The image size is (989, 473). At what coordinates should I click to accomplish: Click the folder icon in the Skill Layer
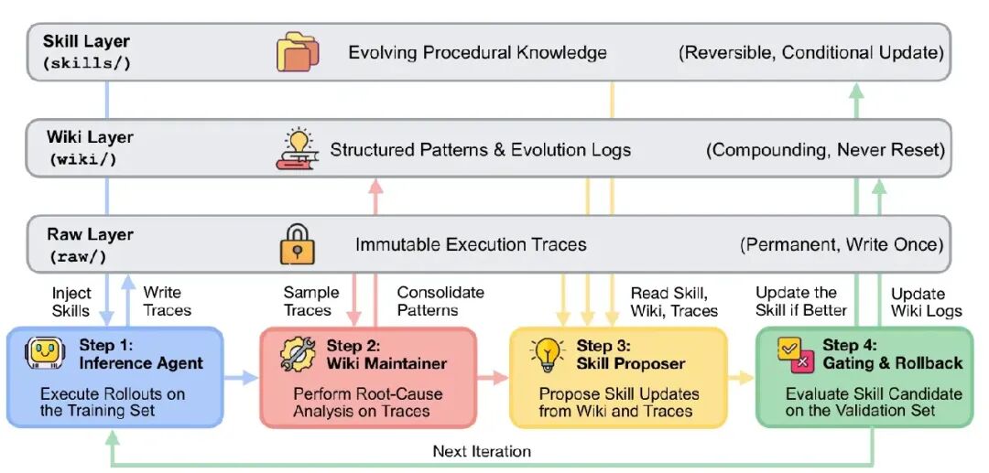(298, 51)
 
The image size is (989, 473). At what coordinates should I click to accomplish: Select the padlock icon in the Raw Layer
(297, 244)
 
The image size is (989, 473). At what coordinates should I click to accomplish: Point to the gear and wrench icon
(298, 354)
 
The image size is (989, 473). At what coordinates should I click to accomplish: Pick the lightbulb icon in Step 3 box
(547, 354)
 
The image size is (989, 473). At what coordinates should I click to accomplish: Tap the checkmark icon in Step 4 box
(793, 354)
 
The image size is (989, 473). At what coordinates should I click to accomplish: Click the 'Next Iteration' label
(482, 451)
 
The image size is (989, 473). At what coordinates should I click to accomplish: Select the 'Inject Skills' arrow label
(71, 301)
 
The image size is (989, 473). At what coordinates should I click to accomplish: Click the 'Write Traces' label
(167, 301)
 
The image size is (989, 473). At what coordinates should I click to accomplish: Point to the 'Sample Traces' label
(311, 301)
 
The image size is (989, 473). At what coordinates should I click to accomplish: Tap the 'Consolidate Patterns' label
(440, 301)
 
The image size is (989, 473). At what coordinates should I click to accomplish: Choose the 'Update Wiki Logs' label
(927, 302)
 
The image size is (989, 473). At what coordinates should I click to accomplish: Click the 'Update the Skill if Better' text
(801, 301)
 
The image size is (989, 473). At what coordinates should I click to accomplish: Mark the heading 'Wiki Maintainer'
(386, 363)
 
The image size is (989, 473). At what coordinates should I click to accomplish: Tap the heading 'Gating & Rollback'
(892, 363)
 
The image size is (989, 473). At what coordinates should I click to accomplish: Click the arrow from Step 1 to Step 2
(240, 378)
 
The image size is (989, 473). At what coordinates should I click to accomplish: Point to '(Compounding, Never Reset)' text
(825, 150)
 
